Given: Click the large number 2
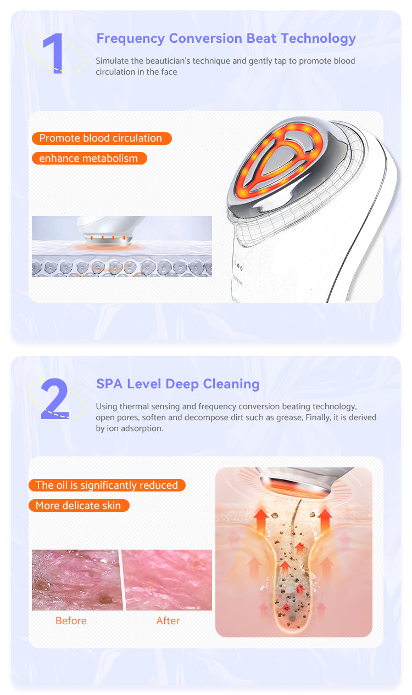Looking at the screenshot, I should click(x=55, y=399).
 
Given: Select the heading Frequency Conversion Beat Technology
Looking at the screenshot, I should click(x=226, y=38).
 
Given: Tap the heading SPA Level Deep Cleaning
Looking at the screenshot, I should click(x=177, y=383).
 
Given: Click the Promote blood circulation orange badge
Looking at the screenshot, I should click(x=101, y=138).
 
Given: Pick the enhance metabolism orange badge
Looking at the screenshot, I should click(x=88, y=159).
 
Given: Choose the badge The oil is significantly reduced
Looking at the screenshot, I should click(x=107, y=485).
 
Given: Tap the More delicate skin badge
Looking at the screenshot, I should click(x=79, y=505).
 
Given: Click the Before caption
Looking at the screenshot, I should click(x=71, y=620).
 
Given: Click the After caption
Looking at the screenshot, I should click(x=168, y=620).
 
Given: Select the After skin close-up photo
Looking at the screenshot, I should click(x=167, y=580).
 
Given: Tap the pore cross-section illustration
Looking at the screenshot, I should click(x=293, y=565).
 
